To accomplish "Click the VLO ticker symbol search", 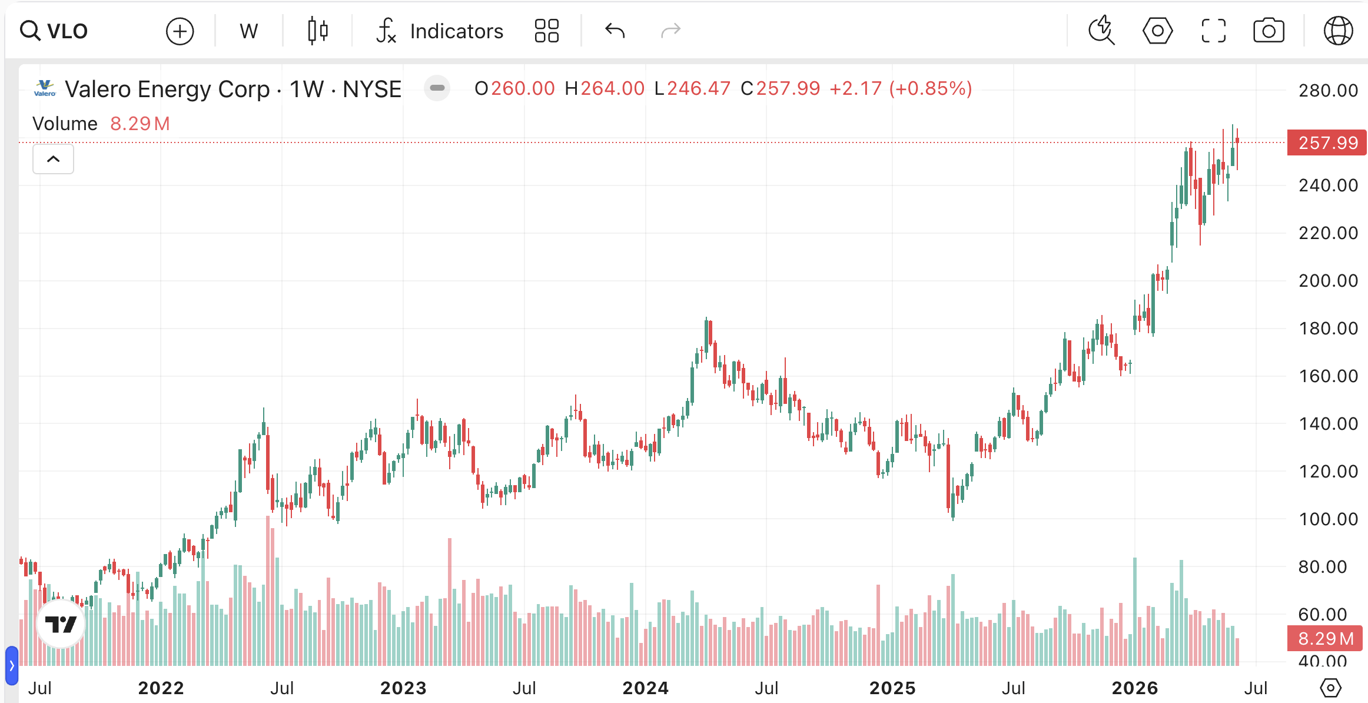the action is tap(54, 31).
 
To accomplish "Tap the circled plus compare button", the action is tap(180, 31).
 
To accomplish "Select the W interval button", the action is tap(248, 31).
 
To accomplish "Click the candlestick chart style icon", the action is tap(318, 31).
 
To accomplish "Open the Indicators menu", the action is tap(440, 31).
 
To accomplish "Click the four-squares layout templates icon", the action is tap(546, 31).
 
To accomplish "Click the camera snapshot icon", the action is tap(1269, 31).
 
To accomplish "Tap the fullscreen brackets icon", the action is tap(1213, 31).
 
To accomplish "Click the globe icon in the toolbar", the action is tap(1338, 31).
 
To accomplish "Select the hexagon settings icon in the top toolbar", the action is tap(1157, 31).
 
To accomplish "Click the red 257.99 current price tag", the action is tap(1327, 142).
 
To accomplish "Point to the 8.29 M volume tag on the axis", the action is tap(1325, 638).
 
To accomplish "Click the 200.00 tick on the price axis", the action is tap(1328, 280).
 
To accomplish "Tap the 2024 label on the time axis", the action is tap(645, 688).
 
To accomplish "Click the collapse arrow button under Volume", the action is tap(53, 159).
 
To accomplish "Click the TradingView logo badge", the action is tap(61, 624).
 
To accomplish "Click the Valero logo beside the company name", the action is tap(45, 88).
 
